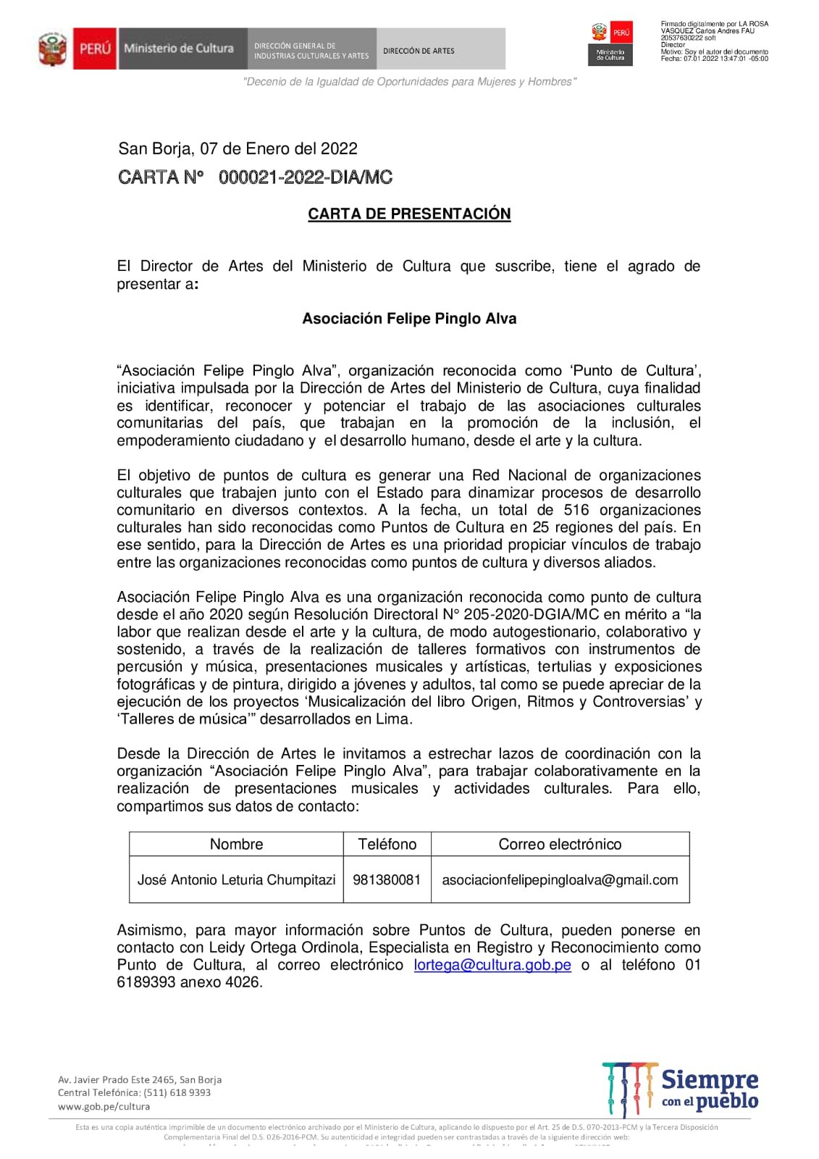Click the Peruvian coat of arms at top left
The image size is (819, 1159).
point(52,49)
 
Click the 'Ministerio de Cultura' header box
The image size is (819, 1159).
point(178,49)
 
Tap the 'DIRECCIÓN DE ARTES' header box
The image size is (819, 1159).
point(419,51)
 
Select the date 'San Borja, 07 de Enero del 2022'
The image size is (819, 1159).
point(238,148)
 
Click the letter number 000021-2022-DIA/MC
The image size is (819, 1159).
point(305,177)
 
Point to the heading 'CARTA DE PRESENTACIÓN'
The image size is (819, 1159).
point(409,214)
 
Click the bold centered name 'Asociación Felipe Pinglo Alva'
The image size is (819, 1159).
point(409,319)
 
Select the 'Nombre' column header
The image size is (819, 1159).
point(236,844)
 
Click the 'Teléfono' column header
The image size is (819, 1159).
point(387,844)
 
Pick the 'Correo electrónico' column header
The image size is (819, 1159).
point(560,844)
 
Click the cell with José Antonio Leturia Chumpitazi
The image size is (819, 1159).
point(236,879)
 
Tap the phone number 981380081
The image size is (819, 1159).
point(387,879)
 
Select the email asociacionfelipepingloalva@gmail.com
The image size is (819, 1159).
point(560,879)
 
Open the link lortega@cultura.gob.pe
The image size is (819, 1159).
point(492,965)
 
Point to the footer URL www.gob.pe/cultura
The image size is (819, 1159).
point(104,1106)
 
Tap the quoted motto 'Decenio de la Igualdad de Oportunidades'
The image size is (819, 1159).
point(409,82)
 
